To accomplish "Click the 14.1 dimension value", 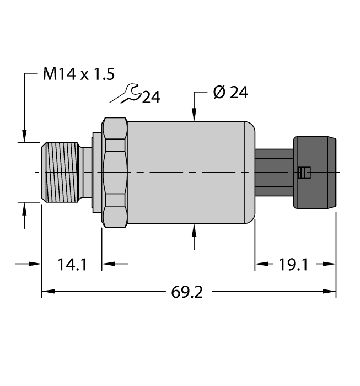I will click(x=72, y=265).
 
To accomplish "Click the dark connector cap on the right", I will click(x=315, y=173).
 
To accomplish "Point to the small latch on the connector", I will click(x=302, y=173).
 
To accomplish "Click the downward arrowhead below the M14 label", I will click(x=24, y=135).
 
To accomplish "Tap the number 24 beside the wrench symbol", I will click(x=151, y=98).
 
